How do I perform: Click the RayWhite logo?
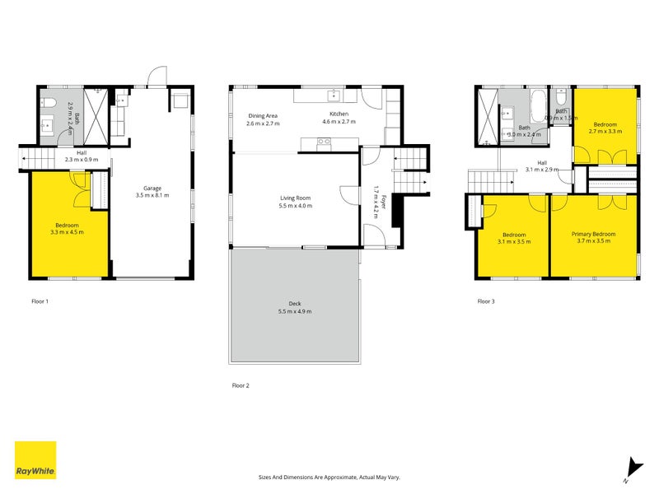pyautogui.click(x=35, y=460)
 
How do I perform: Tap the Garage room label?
pyautogui.click(x=150, y=188)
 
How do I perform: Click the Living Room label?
pyautogui.click(x=296, y=198)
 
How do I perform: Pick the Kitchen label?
pyautogui.click(x=339, y=114)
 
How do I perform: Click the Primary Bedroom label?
pyautogui.click(x=594, y=234)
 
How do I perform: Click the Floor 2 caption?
pyautogui.click(x=240, y=384)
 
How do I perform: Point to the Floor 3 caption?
pyautogui.click(x=486, y=301)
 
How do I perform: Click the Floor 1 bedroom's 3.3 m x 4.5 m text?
pyautogui.click(x=68, y=232)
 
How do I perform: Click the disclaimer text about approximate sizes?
pyautogui.click(x=329, y=477)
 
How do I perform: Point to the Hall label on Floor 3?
pyautogui.click(x=542, y=162)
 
